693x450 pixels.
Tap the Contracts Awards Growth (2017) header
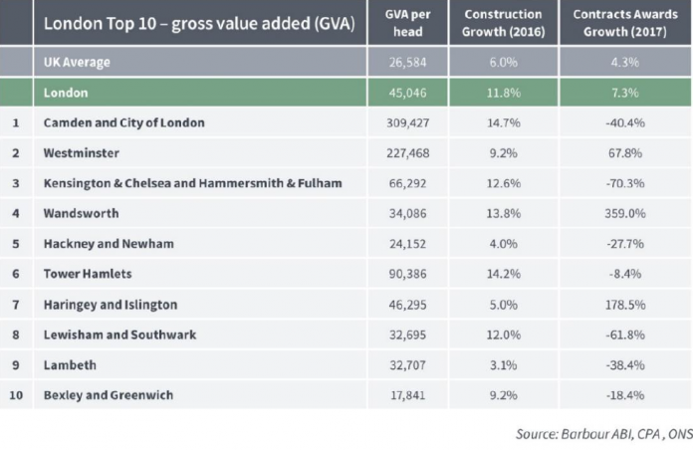(x=619, y=23)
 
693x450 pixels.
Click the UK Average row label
(x=77, y=62)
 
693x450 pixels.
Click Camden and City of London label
(x=124, y=122)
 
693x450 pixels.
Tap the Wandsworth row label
(x=82, y=213)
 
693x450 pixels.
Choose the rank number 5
(x=16, y=244)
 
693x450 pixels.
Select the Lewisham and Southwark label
(x=120, y=335)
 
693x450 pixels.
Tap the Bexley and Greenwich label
(x=109, y=395)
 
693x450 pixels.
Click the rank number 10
(x=16, y=395)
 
